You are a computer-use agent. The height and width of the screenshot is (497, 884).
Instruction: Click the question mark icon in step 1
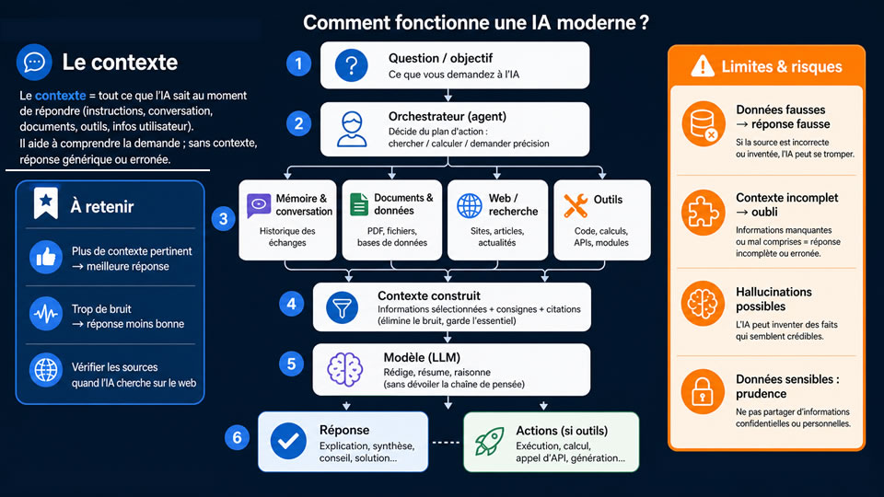[351, 65]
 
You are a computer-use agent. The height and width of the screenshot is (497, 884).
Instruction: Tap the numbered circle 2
[298, 123]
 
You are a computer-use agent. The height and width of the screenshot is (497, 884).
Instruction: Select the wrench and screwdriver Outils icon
[576, 205]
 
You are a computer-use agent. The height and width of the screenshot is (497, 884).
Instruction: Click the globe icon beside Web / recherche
[469, 205]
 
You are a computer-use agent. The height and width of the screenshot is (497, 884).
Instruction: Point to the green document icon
[359, 204]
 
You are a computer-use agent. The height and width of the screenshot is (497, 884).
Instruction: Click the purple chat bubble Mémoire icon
[259, 205]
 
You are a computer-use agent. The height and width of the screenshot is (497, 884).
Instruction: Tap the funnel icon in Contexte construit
[342, 307]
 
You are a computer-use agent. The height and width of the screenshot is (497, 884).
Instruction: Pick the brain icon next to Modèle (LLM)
[345, 370]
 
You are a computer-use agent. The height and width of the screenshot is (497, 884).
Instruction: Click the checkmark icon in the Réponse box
[288, 441]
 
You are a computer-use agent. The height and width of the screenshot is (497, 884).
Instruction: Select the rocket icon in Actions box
[489, 441]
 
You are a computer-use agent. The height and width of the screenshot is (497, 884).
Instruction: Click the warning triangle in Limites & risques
[703, 66]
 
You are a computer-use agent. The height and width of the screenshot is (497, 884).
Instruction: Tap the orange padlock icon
[703, 392]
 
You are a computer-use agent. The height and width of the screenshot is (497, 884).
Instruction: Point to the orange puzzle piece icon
[703, 213]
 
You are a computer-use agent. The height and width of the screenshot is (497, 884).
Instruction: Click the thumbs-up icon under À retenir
[46, 258]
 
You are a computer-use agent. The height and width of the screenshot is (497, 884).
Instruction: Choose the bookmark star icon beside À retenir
[46, 202]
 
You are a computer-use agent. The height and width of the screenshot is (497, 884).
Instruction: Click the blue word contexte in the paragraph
[61, 96]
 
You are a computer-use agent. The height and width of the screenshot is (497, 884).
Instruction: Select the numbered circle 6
[237, 437]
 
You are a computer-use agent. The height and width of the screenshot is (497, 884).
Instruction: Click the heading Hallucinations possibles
[773, 299]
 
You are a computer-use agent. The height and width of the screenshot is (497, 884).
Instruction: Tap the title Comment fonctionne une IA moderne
[476, 22]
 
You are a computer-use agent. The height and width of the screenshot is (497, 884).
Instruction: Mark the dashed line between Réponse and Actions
[446, 443]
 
